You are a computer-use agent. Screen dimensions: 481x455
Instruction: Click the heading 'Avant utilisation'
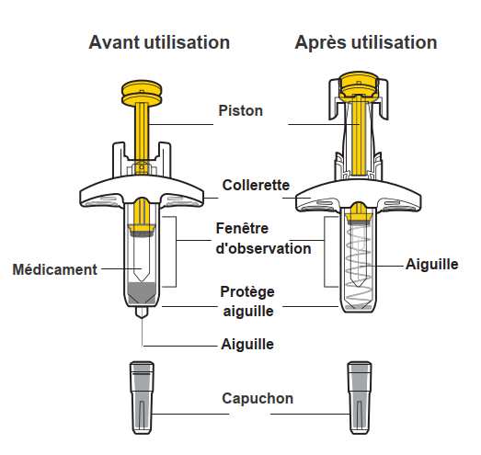click(x=159, y=42)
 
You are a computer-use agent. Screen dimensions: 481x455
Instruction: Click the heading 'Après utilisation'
click(x=366, y=42)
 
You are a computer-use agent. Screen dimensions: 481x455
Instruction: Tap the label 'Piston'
click(x=241, y=110)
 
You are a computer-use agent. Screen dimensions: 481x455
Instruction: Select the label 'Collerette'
click(x=256, y=185)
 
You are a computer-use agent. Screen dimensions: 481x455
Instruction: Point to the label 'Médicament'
click(x=54, y=269)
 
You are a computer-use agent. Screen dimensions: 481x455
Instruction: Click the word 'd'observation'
click(x=264, y=248)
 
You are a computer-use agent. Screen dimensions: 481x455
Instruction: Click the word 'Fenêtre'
click(x=242, y=228)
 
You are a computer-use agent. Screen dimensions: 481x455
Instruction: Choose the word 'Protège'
click(x=247, y=292)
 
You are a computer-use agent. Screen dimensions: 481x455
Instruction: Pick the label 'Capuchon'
click(x=258, y=399)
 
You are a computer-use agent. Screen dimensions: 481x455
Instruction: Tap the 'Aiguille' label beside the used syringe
click(x=432, y=264)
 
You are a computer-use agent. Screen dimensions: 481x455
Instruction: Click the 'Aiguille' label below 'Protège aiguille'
click(x=247, y=344)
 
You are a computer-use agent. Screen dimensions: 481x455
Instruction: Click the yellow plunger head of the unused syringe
click(x=142, y=93)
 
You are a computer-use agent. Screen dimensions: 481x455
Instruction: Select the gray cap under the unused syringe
click(x=142, y=398)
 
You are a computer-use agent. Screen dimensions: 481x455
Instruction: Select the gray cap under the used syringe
click(x=360, y=398)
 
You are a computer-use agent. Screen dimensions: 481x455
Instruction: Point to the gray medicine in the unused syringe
click(x=142, y=293)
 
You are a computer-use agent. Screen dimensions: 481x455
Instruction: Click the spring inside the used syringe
click(x=358, y=263)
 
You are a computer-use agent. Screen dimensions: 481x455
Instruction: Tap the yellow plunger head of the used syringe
click(x=359, y=86)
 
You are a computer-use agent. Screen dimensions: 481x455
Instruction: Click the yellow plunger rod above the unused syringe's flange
click(x=142, y=131)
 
